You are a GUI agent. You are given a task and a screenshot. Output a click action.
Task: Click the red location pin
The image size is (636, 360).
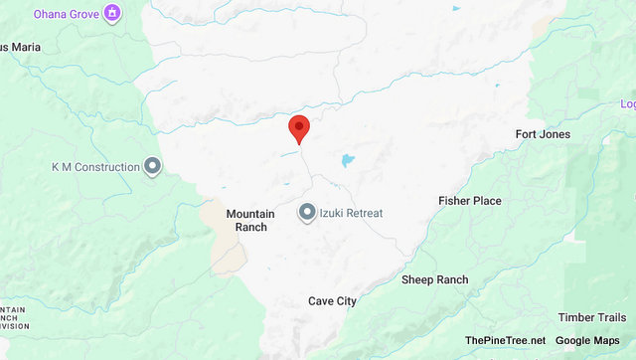(298, 128)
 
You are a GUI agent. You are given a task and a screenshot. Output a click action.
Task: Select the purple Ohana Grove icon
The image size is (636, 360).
(112, 14)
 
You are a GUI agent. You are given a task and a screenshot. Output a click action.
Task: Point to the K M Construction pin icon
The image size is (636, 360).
(152, 167)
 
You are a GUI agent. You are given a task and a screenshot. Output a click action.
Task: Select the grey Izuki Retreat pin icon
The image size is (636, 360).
(307, 212)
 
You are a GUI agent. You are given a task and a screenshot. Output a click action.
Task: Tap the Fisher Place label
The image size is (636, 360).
(470, 201)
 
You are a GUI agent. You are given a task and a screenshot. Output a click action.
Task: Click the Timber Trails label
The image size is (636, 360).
(590, 317)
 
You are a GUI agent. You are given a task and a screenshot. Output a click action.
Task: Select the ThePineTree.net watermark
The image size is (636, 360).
(504, 341)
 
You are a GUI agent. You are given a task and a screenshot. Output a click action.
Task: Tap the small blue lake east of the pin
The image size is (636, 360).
(347, 160)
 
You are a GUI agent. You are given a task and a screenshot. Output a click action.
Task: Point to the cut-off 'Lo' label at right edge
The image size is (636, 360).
(628, 104)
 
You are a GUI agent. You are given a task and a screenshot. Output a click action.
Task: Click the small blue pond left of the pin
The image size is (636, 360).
(289, 153)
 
